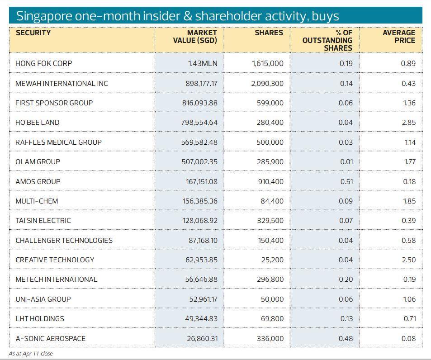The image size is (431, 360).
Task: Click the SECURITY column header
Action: click(33, 33)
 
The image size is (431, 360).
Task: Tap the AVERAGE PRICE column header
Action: click(398, 37)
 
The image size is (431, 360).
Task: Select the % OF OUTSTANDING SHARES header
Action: click(327, 40)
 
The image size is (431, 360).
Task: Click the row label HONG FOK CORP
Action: click(43, 63)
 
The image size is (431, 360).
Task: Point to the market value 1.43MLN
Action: click(202, 63)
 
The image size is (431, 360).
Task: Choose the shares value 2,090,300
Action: click(267, 83)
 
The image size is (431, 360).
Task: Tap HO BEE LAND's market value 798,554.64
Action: click(199, 123)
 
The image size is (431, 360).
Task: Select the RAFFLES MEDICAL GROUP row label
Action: click(58, 142)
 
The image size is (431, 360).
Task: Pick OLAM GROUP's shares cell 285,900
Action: click(270, 161)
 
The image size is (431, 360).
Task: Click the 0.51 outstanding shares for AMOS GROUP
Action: click(346, 181)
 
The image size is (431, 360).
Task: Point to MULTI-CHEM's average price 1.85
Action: click(409, 201)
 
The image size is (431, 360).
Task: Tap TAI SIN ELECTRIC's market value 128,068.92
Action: click(200, 221)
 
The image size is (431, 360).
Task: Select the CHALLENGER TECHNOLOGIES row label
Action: click(64, 240)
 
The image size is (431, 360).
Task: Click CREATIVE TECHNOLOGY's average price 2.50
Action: click(408, 260)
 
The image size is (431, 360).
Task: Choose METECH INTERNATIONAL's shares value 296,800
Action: click(270, 279)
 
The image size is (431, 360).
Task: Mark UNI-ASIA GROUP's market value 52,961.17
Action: click(203, 299)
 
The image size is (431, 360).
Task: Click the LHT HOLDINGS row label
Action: click(40, 319)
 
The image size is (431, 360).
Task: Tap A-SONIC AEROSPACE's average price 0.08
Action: click(408, 338)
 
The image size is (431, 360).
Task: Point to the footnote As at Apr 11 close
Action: click(31, 354)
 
